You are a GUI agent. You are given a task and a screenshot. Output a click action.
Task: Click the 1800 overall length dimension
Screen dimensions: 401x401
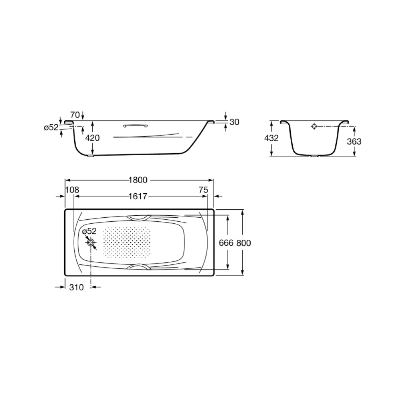pos(138,180)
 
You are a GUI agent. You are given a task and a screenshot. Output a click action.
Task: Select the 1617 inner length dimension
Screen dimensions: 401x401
pos(138,196)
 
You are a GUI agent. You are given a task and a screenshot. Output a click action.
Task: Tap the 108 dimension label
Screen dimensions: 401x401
pos(72,190)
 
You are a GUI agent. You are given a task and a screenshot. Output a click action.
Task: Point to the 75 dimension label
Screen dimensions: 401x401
pos(203,190)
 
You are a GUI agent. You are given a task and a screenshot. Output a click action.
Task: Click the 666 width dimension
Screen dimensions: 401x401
pos(226,243)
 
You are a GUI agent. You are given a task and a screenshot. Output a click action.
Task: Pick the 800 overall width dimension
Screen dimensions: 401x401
pos(243,243)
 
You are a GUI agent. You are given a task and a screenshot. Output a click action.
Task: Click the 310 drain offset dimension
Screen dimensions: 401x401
pos(76,287)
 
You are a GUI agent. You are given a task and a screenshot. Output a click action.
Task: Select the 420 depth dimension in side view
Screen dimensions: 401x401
pos(92,138)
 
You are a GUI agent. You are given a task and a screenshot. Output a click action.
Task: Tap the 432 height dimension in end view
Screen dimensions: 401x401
pos(271,138)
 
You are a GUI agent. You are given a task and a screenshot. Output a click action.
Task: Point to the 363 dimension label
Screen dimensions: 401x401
pos(354,141)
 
